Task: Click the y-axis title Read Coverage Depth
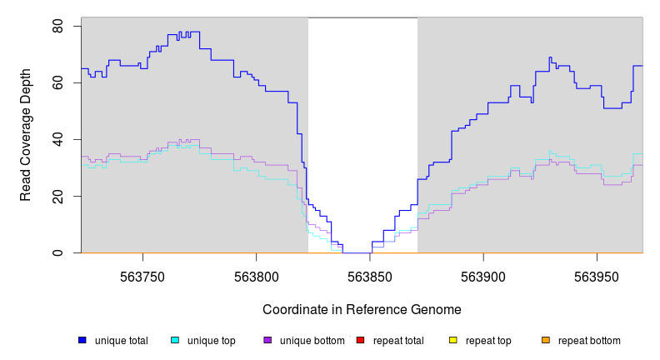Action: (x=26, y=135)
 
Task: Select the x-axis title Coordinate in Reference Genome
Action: (x=362, y=310)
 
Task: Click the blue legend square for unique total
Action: (x=82, y=340)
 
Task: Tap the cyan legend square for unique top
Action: (x=175, y=340)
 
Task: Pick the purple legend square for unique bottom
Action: (x=267, y=340)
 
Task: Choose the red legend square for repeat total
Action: (x=360, y=340)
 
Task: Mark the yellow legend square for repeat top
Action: (x=453, y=340)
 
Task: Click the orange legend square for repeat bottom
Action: (x=546, y=340)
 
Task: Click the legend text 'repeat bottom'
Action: (x=589, y=341)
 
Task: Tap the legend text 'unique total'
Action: (x=122, y=341)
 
